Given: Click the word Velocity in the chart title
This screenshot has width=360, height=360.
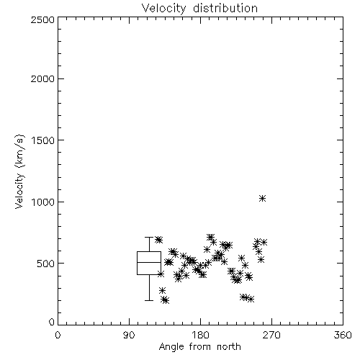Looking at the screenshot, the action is coord(163,9).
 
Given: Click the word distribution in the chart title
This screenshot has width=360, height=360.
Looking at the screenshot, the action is coord(225,8).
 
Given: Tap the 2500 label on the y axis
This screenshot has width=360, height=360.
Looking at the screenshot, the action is coord(42,19).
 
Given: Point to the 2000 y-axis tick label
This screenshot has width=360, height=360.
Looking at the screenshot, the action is coord(42,78).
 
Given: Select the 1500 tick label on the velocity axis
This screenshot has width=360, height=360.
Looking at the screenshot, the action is coord(43,140).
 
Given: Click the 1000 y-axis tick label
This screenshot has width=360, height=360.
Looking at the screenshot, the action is coord(43,202).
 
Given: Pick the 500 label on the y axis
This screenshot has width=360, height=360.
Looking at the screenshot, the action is coord(46,264).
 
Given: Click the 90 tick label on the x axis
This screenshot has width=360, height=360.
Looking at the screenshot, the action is coord(129,335).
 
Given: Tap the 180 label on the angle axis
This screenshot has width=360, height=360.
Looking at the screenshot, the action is coord(200,335).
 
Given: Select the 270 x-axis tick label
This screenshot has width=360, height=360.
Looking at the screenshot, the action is coord(271,335).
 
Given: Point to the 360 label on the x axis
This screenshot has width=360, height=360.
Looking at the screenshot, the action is coord(343,335).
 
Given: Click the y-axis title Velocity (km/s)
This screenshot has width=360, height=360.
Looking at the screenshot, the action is coord(19,171).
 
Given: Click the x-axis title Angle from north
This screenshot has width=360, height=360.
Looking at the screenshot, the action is coord(200,347).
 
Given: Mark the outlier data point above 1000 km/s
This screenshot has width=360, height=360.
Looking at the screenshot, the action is coord(262,198).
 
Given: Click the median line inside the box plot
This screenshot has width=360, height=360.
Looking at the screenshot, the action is coord(149,262).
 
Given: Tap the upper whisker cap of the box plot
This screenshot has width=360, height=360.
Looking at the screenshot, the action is coord(149,237).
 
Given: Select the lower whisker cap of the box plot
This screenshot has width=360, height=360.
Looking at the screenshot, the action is coord(149,300).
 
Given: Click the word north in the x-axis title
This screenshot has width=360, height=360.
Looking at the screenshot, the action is coord(229,346).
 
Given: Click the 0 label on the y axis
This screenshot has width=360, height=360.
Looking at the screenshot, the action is coord(52,322).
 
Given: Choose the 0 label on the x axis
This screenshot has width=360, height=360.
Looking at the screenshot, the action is coord(58,335).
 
